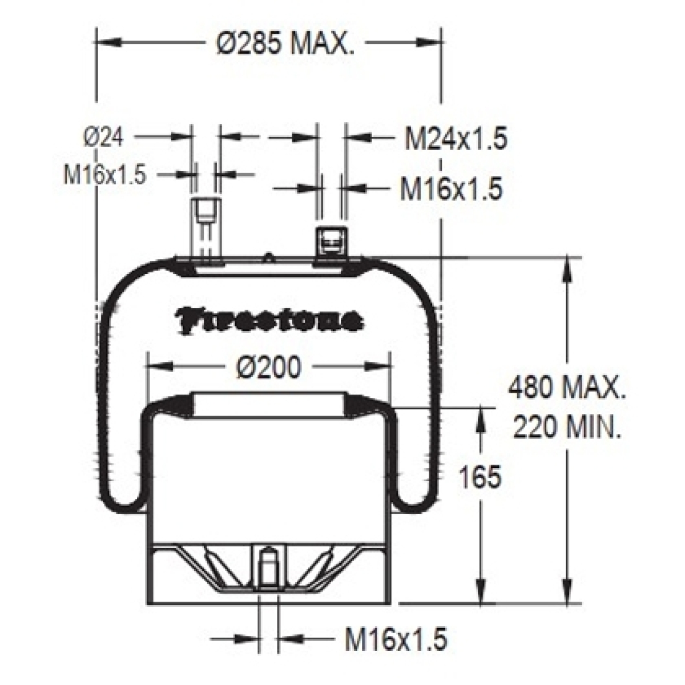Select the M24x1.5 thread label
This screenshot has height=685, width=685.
(x=456, y=139)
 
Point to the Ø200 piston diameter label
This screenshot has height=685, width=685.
(x=269, y=368)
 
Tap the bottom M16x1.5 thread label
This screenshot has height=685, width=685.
(x=396, y=648)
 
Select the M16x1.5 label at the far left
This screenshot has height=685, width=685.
(x=105, y=175)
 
